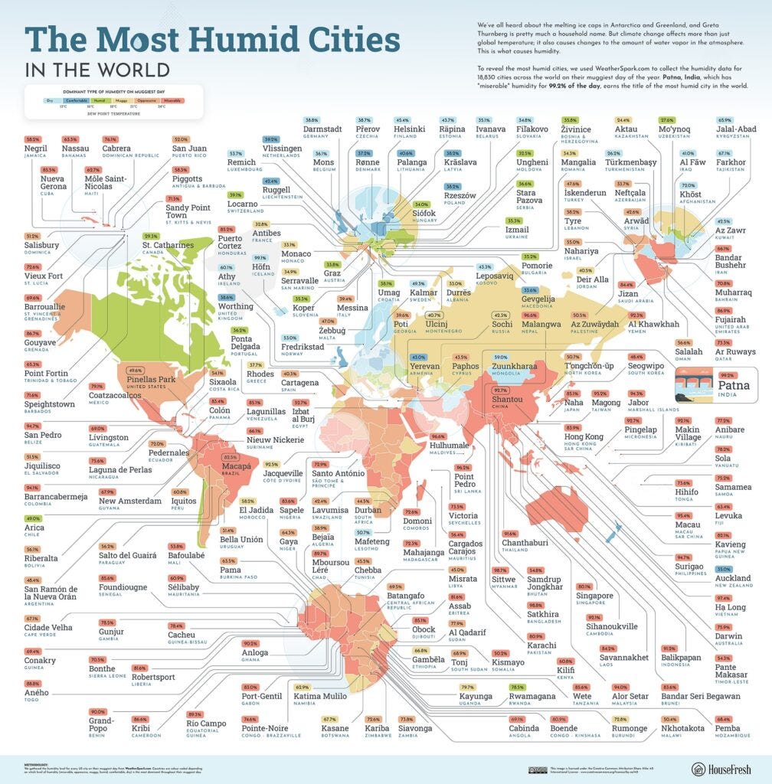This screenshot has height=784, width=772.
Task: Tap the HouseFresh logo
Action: click(x=723, y=768)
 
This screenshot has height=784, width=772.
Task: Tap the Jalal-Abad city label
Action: click(x=737, y=129)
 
